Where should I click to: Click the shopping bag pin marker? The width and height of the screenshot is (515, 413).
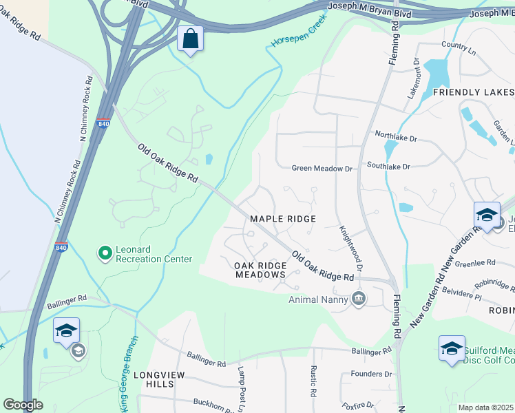[190, 40]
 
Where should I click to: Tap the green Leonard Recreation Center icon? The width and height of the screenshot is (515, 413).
[105, 254]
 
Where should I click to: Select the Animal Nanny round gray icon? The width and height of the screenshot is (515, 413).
[358, 298]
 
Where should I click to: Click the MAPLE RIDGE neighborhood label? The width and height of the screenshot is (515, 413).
[282, 219]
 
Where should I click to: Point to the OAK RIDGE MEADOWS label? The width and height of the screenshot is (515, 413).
[260, 270]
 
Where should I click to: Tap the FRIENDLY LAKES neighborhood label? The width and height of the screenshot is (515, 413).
[473, 92]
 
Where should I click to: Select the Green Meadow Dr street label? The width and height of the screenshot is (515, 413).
[322, 168]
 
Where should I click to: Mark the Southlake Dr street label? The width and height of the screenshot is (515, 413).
[388, 167]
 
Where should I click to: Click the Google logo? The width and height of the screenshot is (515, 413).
[23, 405]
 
